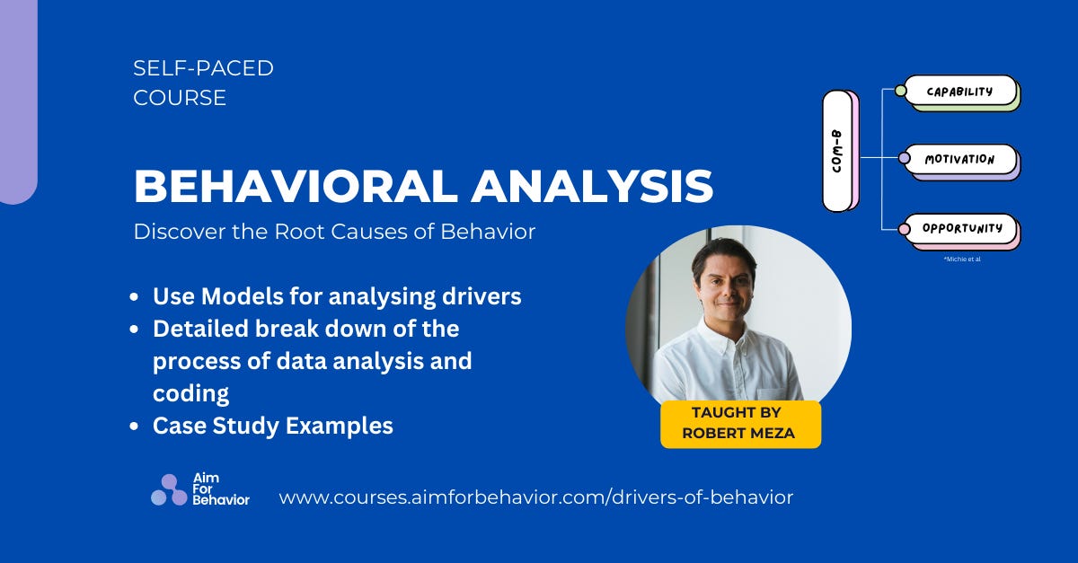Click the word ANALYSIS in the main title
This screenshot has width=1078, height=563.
tap(593, 186)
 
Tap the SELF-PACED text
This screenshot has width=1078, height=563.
tap(203, 67)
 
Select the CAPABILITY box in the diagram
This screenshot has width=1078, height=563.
tap(959, 91)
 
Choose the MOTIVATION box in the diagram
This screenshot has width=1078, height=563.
tap(959, 159)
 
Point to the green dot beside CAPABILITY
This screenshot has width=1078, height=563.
tap(901, 91)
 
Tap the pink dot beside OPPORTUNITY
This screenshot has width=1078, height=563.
tap(904, 229)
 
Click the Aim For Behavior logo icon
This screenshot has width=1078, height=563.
tap(168, 490)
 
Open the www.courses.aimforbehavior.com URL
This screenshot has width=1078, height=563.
tap(536, 497)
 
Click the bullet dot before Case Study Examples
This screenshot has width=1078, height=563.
tap(134, 427)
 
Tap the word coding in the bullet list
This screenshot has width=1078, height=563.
tap(190, 393)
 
